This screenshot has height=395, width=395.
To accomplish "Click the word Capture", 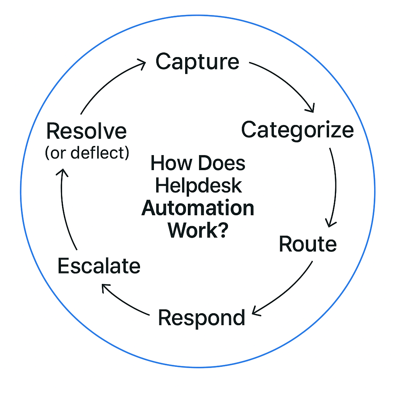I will pyautogui.click(x=197, y=62).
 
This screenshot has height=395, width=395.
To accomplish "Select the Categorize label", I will pyautogui.click(x=297, y=130).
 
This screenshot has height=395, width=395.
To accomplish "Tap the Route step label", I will pyautogui.click(x=307, y=244).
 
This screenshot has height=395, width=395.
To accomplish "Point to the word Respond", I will pyautogui.click(x=202, y=317).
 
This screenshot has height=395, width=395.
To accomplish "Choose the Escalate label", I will pyautogui.click(x=99, y=266).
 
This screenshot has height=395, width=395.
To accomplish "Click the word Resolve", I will pyautogui.click(x=86, y=132).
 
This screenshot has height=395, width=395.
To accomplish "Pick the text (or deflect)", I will pyautogui.click(x=87, y=153).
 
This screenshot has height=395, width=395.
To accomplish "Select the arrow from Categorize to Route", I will pyautogui.click(x=334, y=185).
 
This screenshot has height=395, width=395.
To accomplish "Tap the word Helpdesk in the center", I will pyautogui.click(x=198, y=186).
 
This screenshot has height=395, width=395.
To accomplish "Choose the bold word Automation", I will pyautogui.click(x=198, y=208).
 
